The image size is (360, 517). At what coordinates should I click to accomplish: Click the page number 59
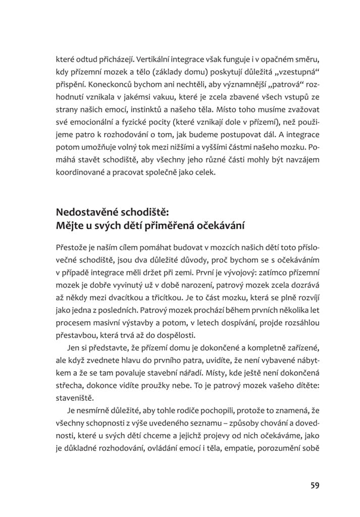point(315,485)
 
